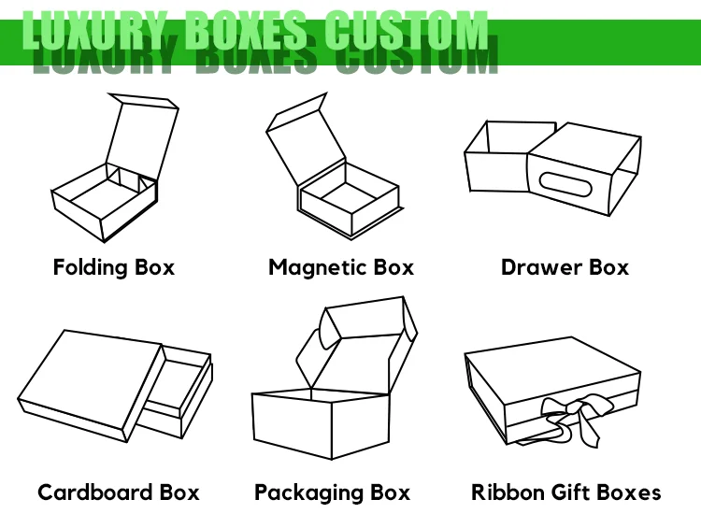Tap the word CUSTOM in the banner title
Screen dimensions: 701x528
point(406,32)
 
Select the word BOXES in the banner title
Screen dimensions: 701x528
point(246,32)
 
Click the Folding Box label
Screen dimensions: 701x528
point(114,267)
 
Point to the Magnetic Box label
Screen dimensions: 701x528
point(341,267)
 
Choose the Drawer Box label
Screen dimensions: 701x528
point(565,267)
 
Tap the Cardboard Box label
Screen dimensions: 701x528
point(119,492)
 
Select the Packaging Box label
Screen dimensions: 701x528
point(332,492)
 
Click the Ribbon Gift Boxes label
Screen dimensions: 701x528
point(565,492)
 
